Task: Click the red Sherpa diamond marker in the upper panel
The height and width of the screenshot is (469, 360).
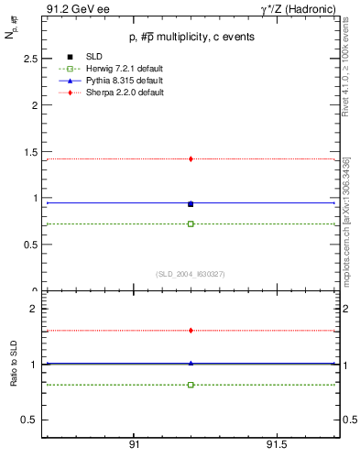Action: [191, 158]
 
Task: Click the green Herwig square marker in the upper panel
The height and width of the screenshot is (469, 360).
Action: [191, 224]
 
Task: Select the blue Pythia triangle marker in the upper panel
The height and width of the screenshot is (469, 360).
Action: [191, 203]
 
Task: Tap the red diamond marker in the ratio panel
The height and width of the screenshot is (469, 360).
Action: [191, 330]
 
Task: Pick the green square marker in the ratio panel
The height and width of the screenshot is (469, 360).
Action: [191, 385]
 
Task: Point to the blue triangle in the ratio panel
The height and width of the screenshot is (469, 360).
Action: [191, 363]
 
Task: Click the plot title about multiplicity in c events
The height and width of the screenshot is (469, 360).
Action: [191, 37]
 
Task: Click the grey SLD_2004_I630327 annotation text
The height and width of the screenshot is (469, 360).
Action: [191, 274]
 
